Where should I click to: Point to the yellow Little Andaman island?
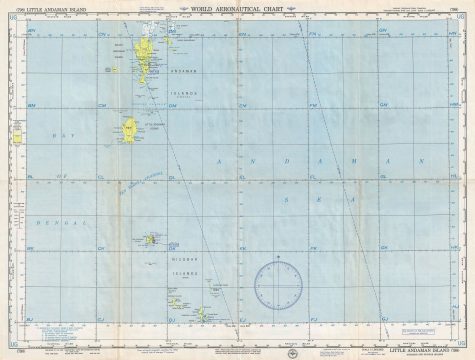129,131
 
